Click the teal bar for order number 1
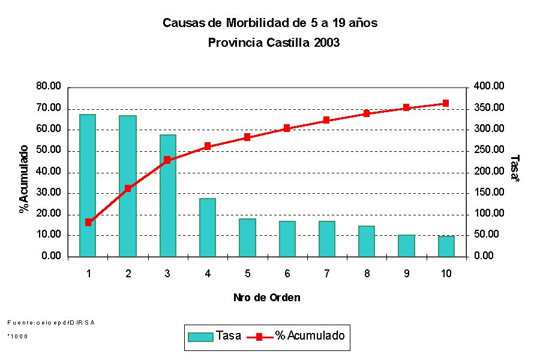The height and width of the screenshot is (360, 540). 88,185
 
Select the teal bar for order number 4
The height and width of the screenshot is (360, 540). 208,227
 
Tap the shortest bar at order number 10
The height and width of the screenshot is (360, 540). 446,246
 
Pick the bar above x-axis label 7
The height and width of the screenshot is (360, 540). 326,238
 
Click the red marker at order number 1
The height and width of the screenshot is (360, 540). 88,223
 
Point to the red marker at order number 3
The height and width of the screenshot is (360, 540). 167,160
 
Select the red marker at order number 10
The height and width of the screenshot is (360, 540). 446,103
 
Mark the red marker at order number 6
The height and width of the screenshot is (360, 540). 287,128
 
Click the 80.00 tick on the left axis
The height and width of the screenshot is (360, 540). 49,87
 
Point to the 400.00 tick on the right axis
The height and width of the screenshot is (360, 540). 489,87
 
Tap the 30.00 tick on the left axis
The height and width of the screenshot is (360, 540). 49,193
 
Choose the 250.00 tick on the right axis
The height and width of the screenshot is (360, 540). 489,151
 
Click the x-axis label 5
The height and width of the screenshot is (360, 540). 247,274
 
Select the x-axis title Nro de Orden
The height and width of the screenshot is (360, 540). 266,298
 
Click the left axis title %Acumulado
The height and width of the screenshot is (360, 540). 24,179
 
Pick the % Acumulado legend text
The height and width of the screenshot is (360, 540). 310,335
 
